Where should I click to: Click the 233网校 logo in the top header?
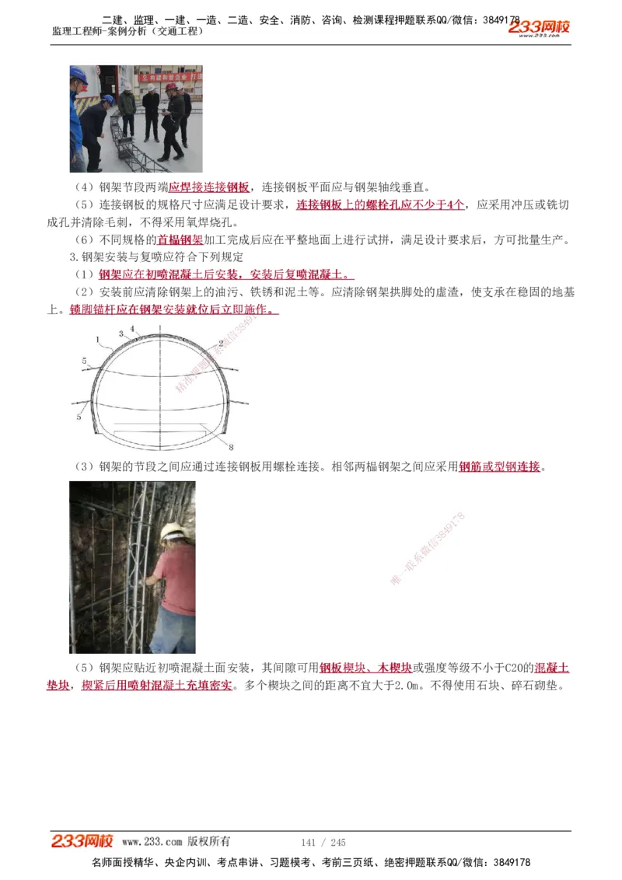point(539,28)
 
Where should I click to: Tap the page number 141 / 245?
point(323,843)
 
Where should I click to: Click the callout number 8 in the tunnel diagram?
point(231,447)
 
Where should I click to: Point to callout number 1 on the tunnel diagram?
point(97,340)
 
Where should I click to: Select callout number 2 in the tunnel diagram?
point(221,342)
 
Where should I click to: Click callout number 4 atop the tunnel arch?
point(132,329)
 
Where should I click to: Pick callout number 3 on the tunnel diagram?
point(121,333)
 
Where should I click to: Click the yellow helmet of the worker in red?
point(172,531)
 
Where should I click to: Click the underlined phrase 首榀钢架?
point(180,239)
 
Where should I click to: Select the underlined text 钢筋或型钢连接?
point(499,467)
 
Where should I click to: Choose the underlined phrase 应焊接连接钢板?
point(209,187)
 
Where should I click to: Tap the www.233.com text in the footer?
point(152,842)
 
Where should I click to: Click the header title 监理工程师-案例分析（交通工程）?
point(128,31)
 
